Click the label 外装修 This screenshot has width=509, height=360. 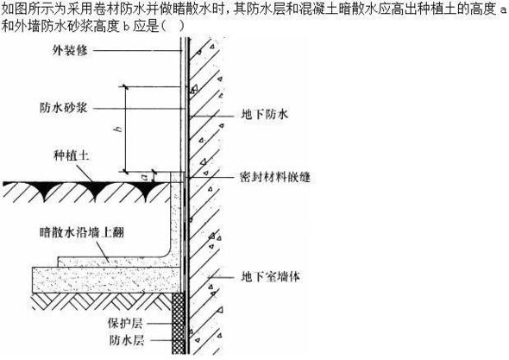[x=70, y=51]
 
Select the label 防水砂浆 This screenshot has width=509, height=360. [x=64, y=108]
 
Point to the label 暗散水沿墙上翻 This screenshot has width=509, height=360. [x=82, y=232]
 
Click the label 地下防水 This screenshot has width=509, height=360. [x=265, y=114]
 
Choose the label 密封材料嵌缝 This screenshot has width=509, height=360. [x=275, y=177]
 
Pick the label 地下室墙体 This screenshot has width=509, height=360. [x=271, y=276]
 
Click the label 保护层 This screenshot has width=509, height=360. [x=125, y=323]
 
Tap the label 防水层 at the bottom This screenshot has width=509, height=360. [x=127, y=340]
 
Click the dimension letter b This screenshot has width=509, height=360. [x=118, y=129]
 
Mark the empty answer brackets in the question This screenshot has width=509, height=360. [x=173, y=26]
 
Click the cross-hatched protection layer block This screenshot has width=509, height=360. [x=179, y=323]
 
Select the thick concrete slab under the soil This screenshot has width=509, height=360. [x=107, y=280]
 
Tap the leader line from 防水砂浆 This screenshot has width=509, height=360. [x=137, y=109]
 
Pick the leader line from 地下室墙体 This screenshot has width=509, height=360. [x=222, y=278]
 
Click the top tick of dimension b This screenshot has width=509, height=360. [x=125, y=86]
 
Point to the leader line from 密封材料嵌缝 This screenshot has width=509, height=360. [x=211, y=177]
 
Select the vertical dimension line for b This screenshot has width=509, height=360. [x=125, y=129]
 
